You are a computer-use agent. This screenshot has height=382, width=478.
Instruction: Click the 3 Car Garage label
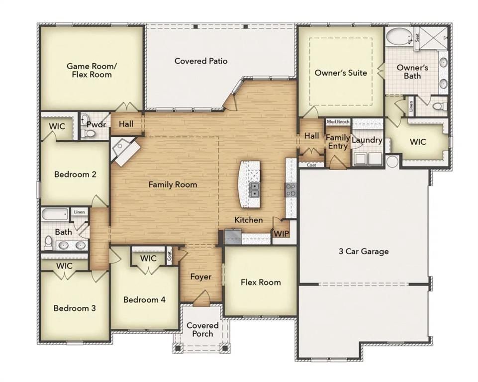361,251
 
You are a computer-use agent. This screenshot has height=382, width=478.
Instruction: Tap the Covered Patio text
201,61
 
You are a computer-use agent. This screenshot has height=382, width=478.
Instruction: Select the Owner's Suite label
341,73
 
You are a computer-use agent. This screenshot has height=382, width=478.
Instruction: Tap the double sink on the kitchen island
254,189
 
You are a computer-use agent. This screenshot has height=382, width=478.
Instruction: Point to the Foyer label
201,277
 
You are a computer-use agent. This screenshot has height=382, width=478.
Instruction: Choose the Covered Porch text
202,330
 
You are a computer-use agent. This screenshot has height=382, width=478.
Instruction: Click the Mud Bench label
338,121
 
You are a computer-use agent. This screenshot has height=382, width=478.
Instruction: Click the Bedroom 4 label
144,300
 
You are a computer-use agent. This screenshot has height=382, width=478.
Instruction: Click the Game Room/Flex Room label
90,70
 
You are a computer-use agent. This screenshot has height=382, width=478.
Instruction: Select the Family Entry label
338,141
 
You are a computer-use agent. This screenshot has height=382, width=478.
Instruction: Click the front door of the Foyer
201,299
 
